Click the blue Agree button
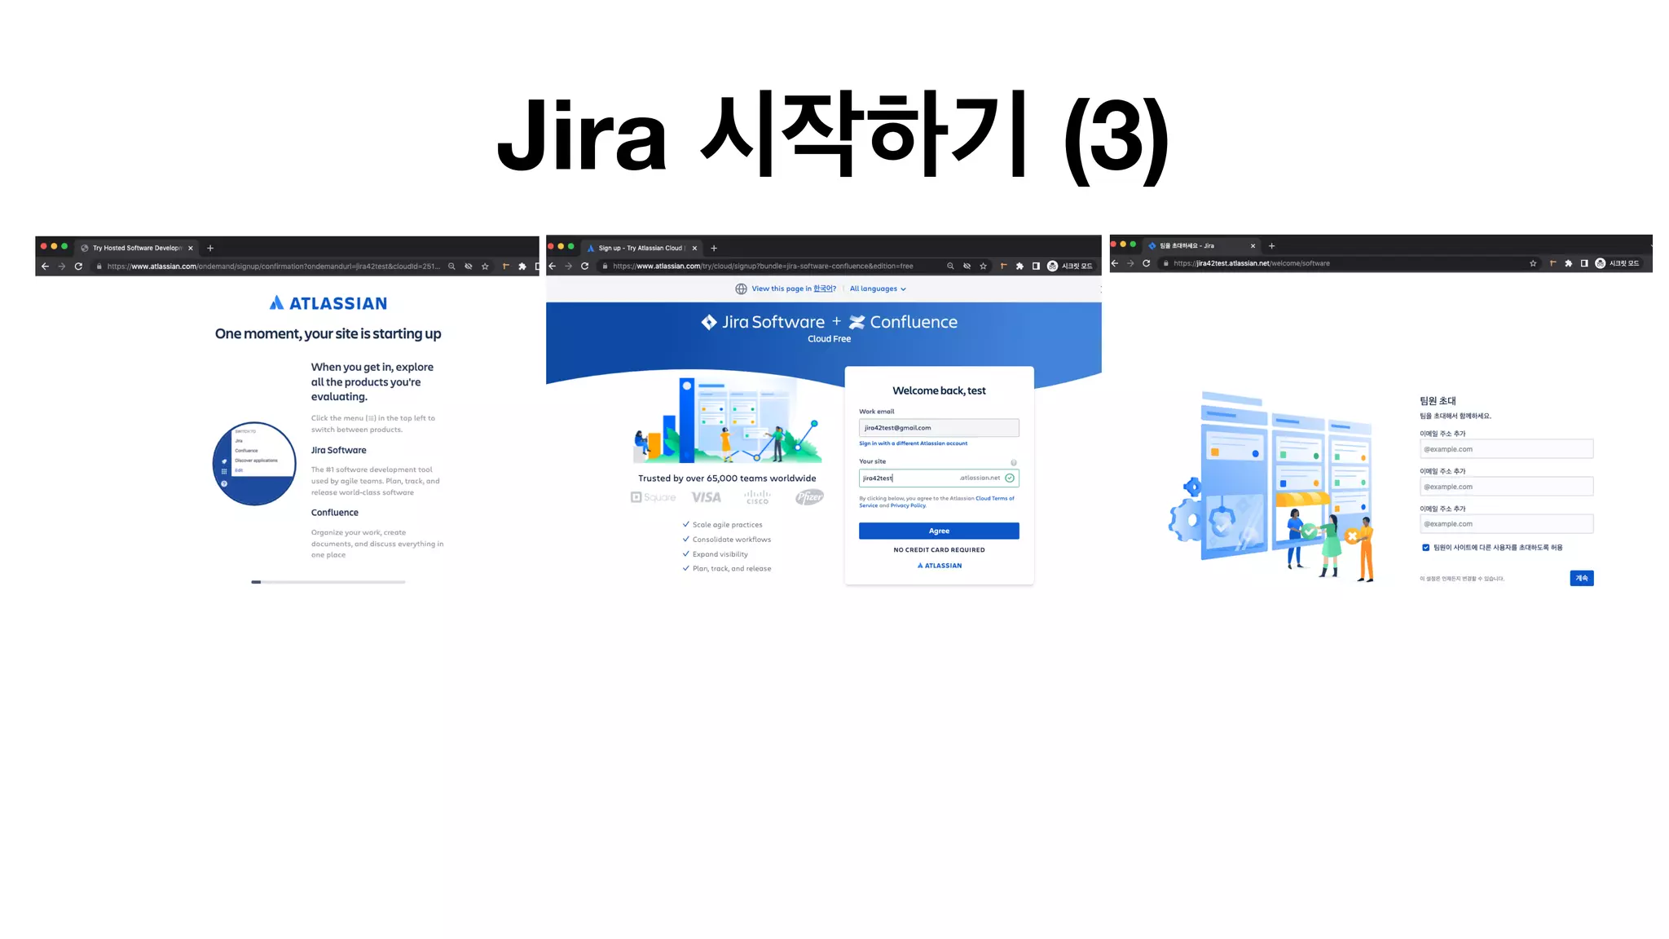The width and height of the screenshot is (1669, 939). pos(938,531)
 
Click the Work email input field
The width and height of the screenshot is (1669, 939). pos(938,428)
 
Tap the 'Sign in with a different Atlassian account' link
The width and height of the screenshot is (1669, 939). pos(913,443)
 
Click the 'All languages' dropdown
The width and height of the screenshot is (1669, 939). pos(877,289)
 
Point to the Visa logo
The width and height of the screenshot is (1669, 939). pos(706,497)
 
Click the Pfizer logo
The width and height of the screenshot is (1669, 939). pos(809,497)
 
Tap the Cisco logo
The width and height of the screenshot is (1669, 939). pos(757,497)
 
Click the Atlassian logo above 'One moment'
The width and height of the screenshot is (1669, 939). pos(328,303)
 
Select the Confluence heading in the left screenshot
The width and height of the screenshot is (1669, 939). pos(334,513)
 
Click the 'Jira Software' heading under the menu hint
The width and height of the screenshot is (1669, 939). pos(338,450)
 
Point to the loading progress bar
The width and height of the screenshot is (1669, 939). pos(328,582)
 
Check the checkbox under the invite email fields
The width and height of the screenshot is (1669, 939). pos(1425,548)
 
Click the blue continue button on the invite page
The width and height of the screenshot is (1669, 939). pos(1581,578)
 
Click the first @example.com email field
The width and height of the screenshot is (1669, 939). pos(1505,449)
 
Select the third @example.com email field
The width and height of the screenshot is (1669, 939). pos(1505,524)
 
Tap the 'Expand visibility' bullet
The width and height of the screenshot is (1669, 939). pos(720,554)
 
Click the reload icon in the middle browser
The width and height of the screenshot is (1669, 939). pos(584,267)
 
